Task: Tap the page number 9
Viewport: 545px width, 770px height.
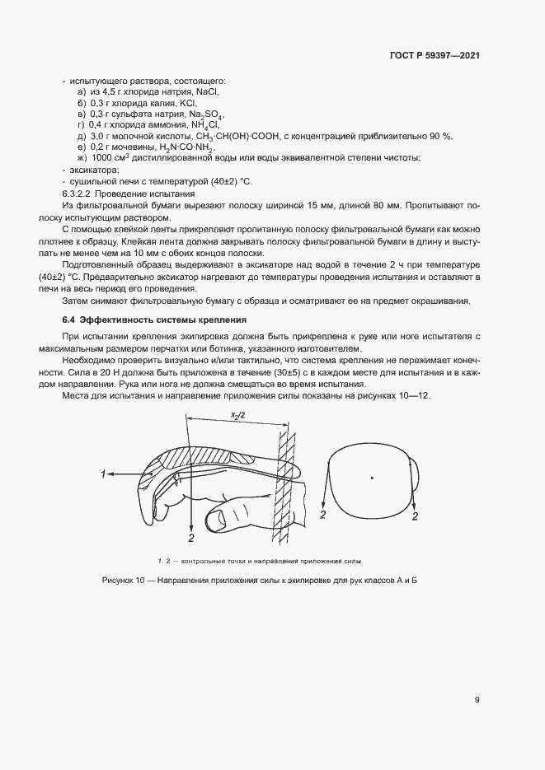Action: [477, 700]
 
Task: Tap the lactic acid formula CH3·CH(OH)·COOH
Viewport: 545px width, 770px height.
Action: [239, 136]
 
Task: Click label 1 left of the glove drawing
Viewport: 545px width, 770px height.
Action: [103, 474]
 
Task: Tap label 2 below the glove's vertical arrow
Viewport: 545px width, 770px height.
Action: [191, 538]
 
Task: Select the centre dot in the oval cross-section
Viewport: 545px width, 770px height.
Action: [372, 477]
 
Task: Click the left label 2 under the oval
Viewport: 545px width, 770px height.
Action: [324, 515]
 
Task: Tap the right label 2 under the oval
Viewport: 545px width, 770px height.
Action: [415, 516]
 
